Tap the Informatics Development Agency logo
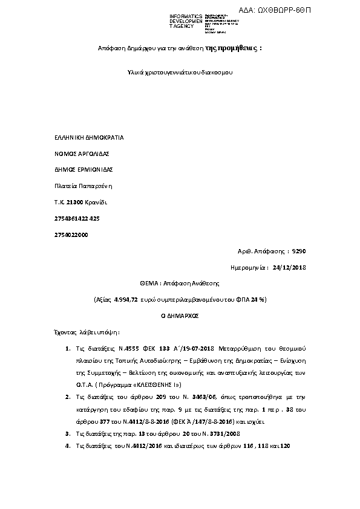tap(186, 22)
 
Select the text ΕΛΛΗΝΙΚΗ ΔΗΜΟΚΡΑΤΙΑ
tap(89, 137)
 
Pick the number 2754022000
tap(71, 233)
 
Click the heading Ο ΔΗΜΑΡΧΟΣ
tap(179, 315)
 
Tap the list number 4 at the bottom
tap(67, 446)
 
